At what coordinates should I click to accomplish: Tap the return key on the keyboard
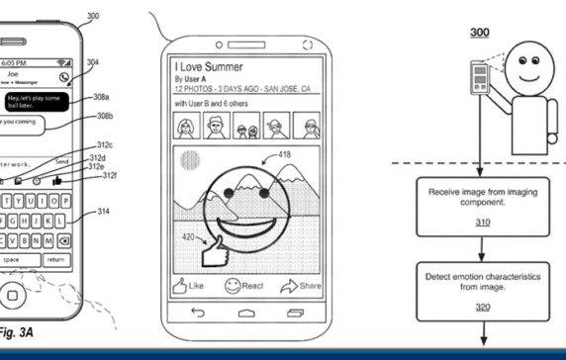55,260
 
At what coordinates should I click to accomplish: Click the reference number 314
104,211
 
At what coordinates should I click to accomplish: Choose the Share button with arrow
301,286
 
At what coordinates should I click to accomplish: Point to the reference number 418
284,154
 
